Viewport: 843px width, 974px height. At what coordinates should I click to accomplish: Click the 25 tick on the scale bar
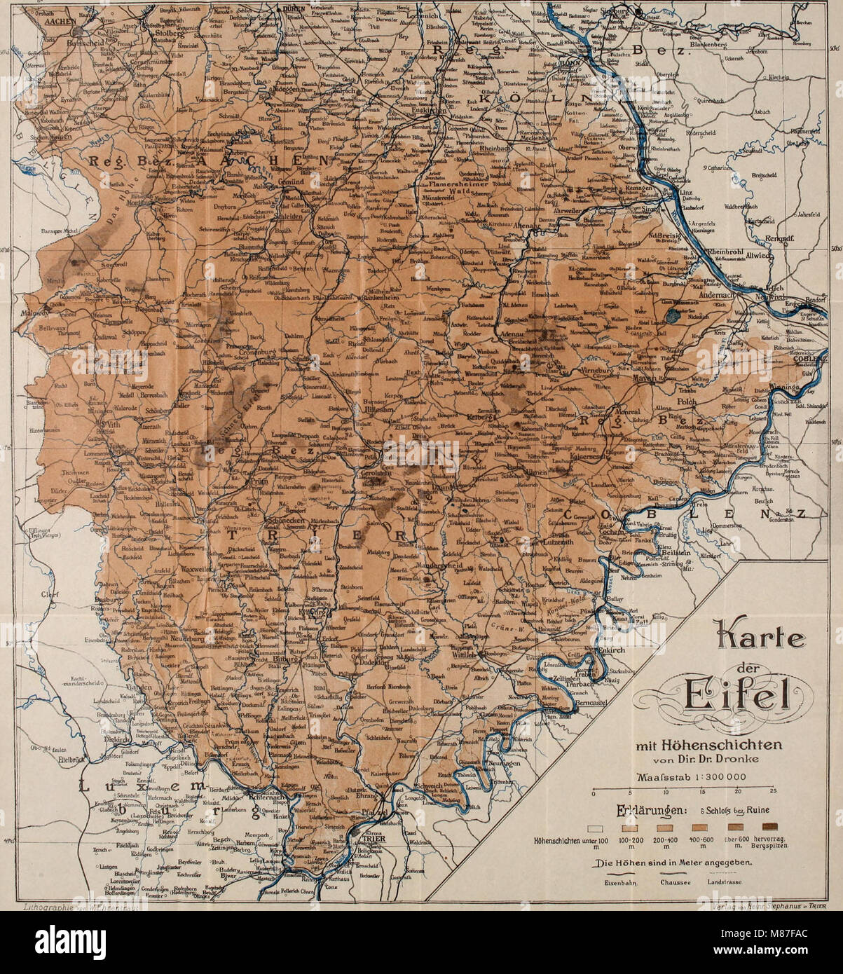[772, 791]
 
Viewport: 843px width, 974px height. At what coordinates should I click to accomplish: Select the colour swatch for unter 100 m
[595, 828]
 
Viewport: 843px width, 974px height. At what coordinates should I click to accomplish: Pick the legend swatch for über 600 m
[734, 828]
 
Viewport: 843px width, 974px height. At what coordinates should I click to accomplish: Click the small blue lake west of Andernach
[673, 316]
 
